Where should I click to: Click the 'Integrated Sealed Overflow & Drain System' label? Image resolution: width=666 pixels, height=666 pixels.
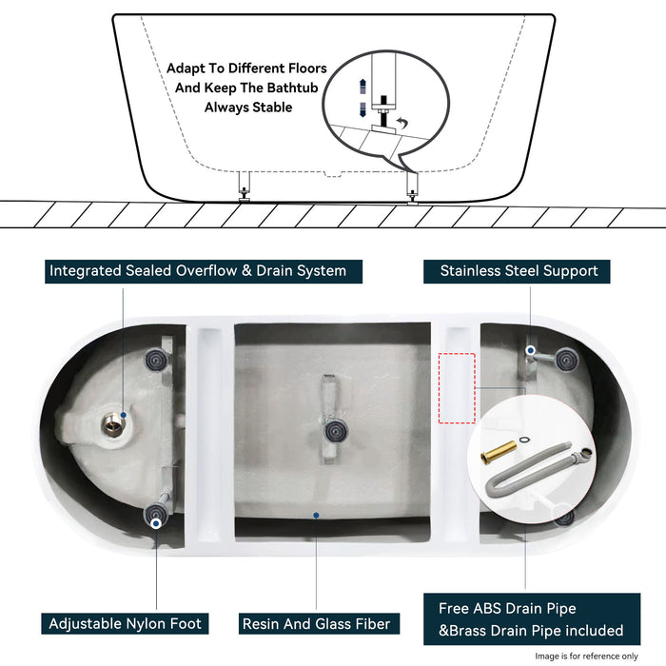[196, 271]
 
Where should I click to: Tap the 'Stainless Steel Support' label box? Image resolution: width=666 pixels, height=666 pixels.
[519, 271]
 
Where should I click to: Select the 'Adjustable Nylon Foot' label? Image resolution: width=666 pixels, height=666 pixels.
[126, 624]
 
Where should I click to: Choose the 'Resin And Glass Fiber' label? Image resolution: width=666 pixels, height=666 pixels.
[316, 624]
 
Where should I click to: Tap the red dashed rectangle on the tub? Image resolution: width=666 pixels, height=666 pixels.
[456, 388]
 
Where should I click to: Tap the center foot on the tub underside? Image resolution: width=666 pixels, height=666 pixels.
[332, 432]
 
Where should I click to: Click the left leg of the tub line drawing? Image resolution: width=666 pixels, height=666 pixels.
[244, 186]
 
